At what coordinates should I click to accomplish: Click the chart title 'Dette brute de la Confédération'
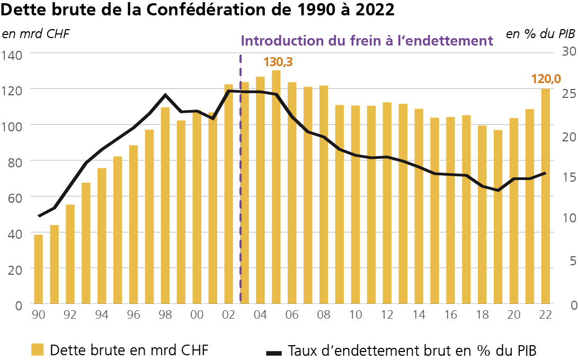coord(198,10)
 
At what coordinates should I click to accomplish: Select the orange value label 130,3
coord(278,62)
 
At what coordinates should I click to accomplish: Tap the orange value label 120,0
coord(546,79)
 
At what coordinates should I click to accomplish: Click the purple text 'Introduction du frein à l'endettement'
coord(367,41)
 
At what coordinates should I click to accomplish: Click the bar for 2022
coord(546,196)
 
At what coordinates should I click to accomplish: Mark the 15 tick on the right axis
coord(563,178)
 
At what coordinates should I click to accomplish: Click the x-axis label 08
coord(323,314)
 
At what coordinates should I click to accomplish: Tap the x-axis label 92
coord(70,314)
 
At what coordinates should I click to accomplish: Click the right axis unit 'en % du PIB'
coord(540,34)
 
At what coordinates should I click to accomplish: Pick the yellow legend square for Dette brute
coord(37,350)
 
